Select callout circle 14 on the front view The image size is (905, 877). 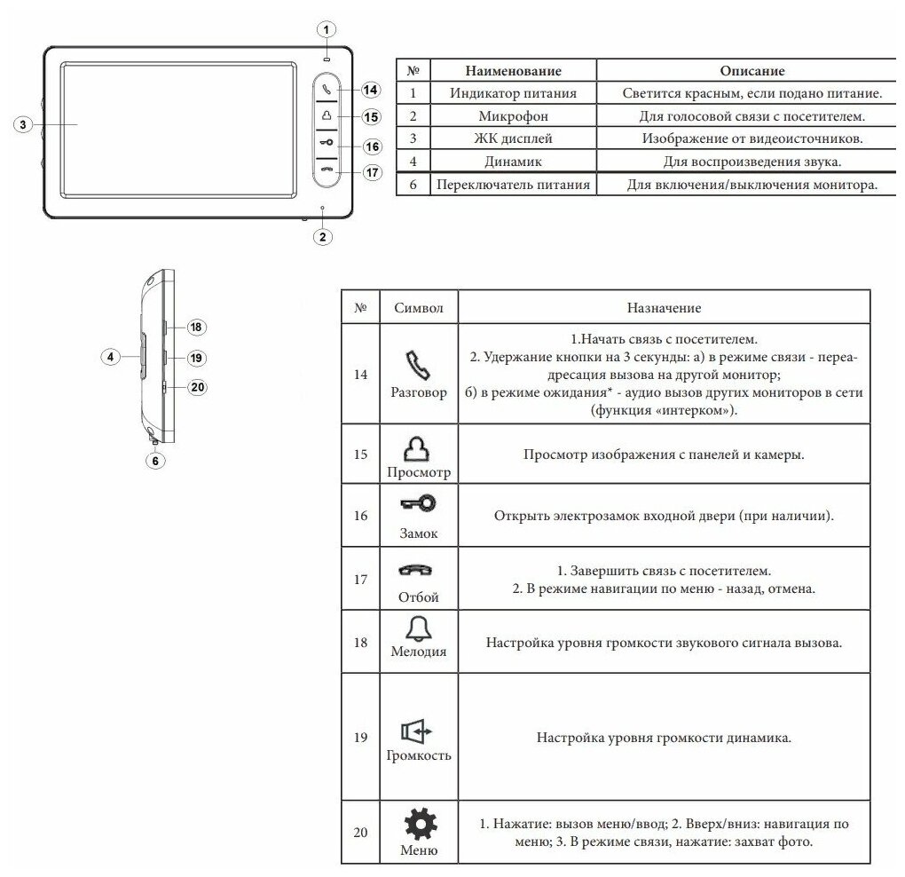pyautogui.click(x=371, y=90)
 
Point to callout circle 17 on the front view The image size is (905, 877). pyautogui.click(x=371, y=172)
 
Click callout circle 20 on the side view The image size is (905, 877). pyautogui.click(x=197, y=387)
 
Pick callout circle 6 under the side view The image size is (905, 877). pyautogui.click(x=155, y=461)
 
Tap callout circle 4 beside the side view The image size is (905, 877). pyautogui.click(x=110, y=357)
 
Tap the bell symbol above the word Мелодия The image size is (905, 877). pyautogui.click(x=418, y=628)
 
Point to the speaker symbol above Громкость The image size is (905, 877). pyautogui.click(x=418, y=731)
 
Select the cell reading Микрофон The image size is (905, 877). pyautogui.click(x=513, y=116)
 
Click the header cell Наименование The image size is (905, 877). pyautogui.click(x=513, y=71)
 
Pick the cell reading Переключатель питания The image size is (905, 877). pyautogui.click(x=513, y=185)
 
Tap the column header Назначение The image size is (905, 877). pyautogui.click(x=664, y=308)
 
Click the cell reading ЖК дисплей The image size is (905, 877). pyautogui.click(x=513, y=139)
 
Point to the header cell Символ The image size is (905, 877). pyautogui.click(x=418, y=308)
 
